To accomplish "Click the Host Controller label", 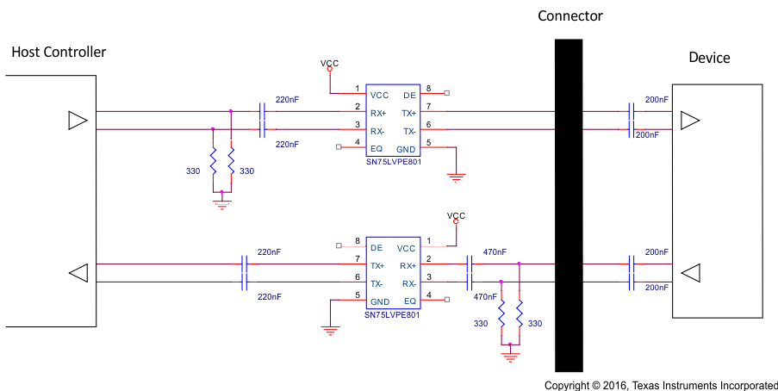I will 59,52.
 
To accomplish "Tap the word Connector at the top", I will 569,16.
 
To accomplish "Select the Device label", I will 709,58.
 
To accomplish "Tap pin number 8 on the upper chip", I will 427,88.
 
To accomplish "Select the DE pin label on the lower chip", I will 377,247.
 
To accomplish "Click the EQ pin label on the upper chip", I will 377,149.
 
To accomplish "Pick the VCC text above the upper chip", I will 329,63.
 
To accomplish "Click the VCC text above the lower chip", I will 456,215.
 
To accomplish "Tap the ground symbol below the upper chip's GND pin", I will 456,177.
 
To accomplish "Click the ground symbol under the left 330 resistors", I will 222,204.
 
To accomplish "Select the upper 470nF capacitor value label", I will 495,251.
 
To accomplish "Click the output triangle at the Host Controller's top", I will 78,120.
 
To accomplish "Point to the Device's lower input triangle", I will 690,273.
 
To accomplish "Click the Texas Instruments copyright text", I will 661,385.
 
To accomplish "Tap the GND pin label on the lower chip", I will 379,301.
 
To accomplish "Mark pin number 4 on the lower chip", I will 428,295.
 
